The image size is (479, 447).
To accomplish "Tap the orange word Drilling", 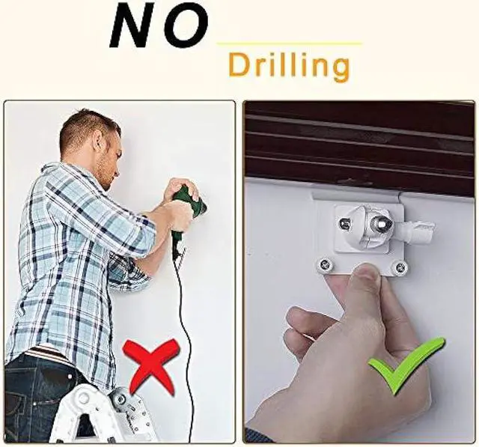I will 288,66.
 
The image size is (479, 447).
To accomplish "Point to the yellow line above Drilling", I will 288,43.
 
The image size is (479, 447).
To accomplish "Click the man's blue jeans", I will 37,397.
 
